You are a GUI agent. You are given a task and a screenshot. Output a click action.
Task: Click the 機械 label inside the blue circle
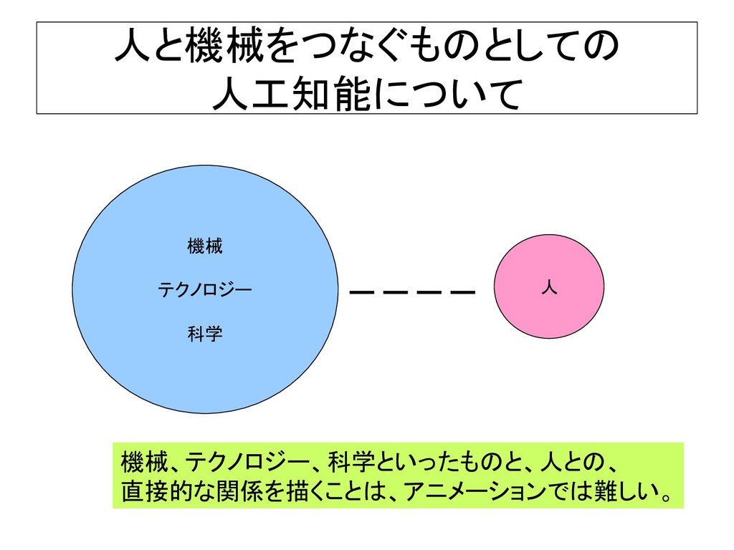204,248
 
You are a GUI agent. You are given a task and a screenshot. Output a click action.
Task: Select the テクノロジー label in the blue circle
204,290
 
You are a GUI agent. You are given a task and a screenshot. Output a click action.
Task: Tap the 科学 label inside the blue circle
204,333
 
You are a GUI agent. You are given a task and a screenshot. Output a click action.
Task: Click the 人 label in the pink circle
549,288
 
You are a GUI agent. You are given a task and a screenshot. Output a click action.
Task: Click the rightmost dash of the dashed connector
463,292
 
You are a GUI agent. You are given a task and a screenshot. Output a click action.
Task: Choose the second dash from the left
396,292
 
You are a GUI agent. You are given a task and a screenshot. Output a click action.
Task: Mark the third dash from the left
429,292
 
